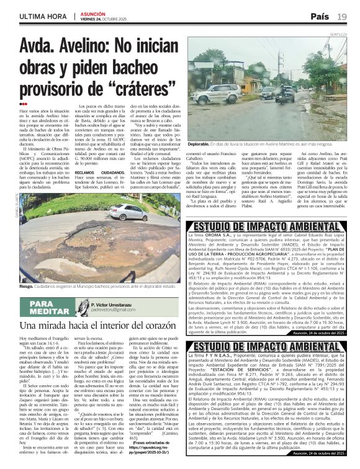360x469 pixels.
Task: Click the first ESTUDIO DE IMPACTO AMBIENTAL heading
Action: click(261, 226)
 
